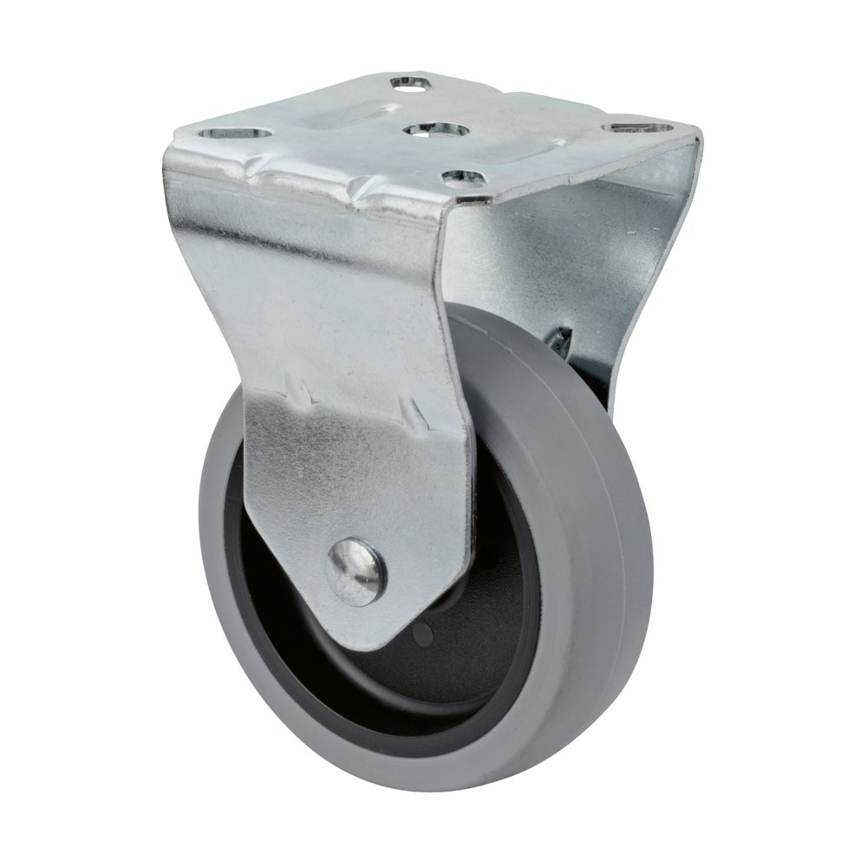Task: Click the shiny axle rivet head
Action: (357, 570)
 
